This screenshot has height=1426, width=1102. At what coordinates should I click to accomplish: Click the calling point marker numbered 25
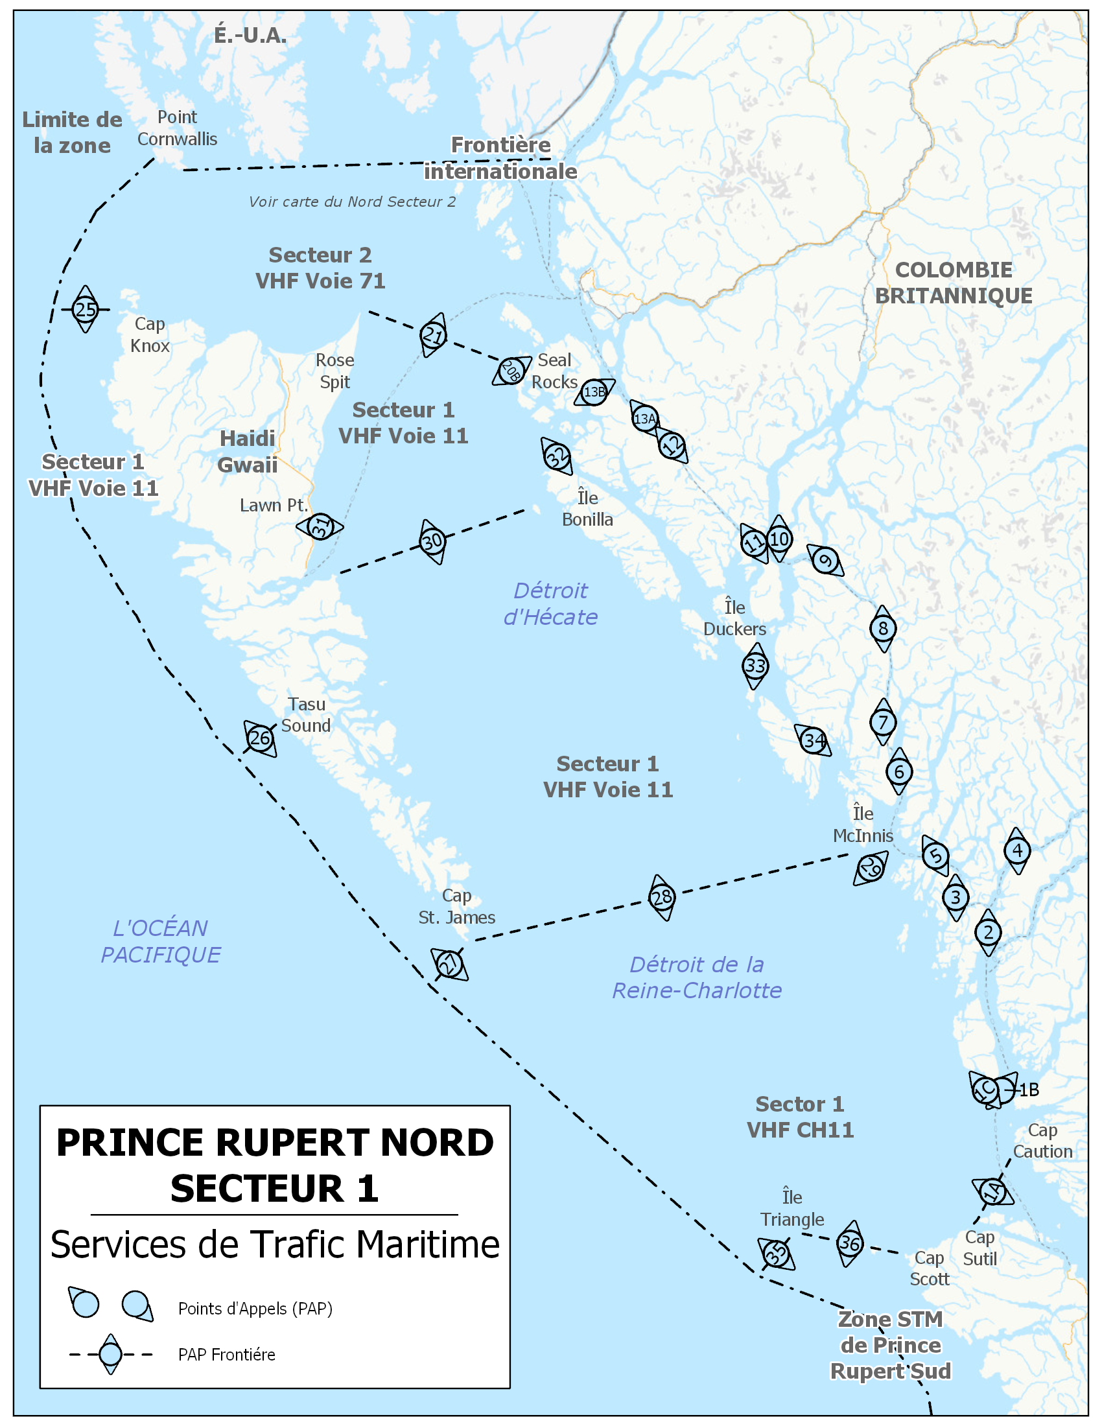[85, 309]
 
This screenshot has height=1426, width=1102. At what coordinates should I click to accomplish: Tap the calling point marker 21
[433, 335]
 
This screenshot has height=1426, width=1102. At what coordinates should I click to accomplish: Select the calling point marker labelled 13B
[594, 392]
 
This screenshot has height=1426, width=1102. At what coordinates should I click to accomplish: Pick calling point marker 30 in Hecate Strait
[432, 541]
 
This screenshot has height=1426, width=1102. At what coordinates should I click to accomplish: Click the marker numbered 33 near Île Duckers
[755, 665]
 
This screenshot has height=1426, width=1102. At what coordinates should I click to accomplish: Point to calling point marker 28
[662, 897]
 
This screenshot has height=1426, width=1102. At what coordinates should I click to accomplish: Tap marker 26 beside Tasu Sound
[260, 738]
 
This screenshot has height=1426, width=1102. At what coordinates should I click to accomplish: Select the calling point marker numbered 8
[883, 628]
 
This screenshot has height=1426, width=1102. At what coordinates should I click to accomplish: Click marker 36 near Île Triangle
[849, 1243]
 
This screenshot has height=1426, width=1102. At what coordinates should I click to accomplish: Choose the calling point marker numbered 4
[1017, 850]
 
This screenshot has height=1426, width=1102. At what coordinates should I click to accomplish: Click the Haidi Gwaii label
[248, 451]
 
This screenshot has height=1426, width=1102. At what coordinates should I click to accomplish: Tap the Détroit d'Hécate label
[550, 603]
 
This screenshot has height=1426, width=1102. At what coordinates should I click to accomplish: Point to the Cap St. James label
[456, 906]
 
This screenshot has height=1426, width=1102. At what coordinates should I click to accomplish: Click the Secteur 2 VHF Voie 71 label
[320, 268]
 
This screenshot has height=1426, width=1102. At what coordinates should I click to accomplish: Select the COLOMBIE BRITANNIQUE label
[953, 282]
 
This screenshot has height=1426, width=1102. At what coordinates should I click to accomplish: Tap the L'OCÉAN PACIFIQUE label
[161, 941]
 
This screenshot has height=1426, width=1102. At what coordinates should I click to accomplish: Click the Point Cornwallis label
[177, 128]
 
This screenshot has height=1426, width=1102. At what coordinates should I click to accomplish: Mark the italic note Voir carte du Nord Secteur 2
[352, 202]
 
